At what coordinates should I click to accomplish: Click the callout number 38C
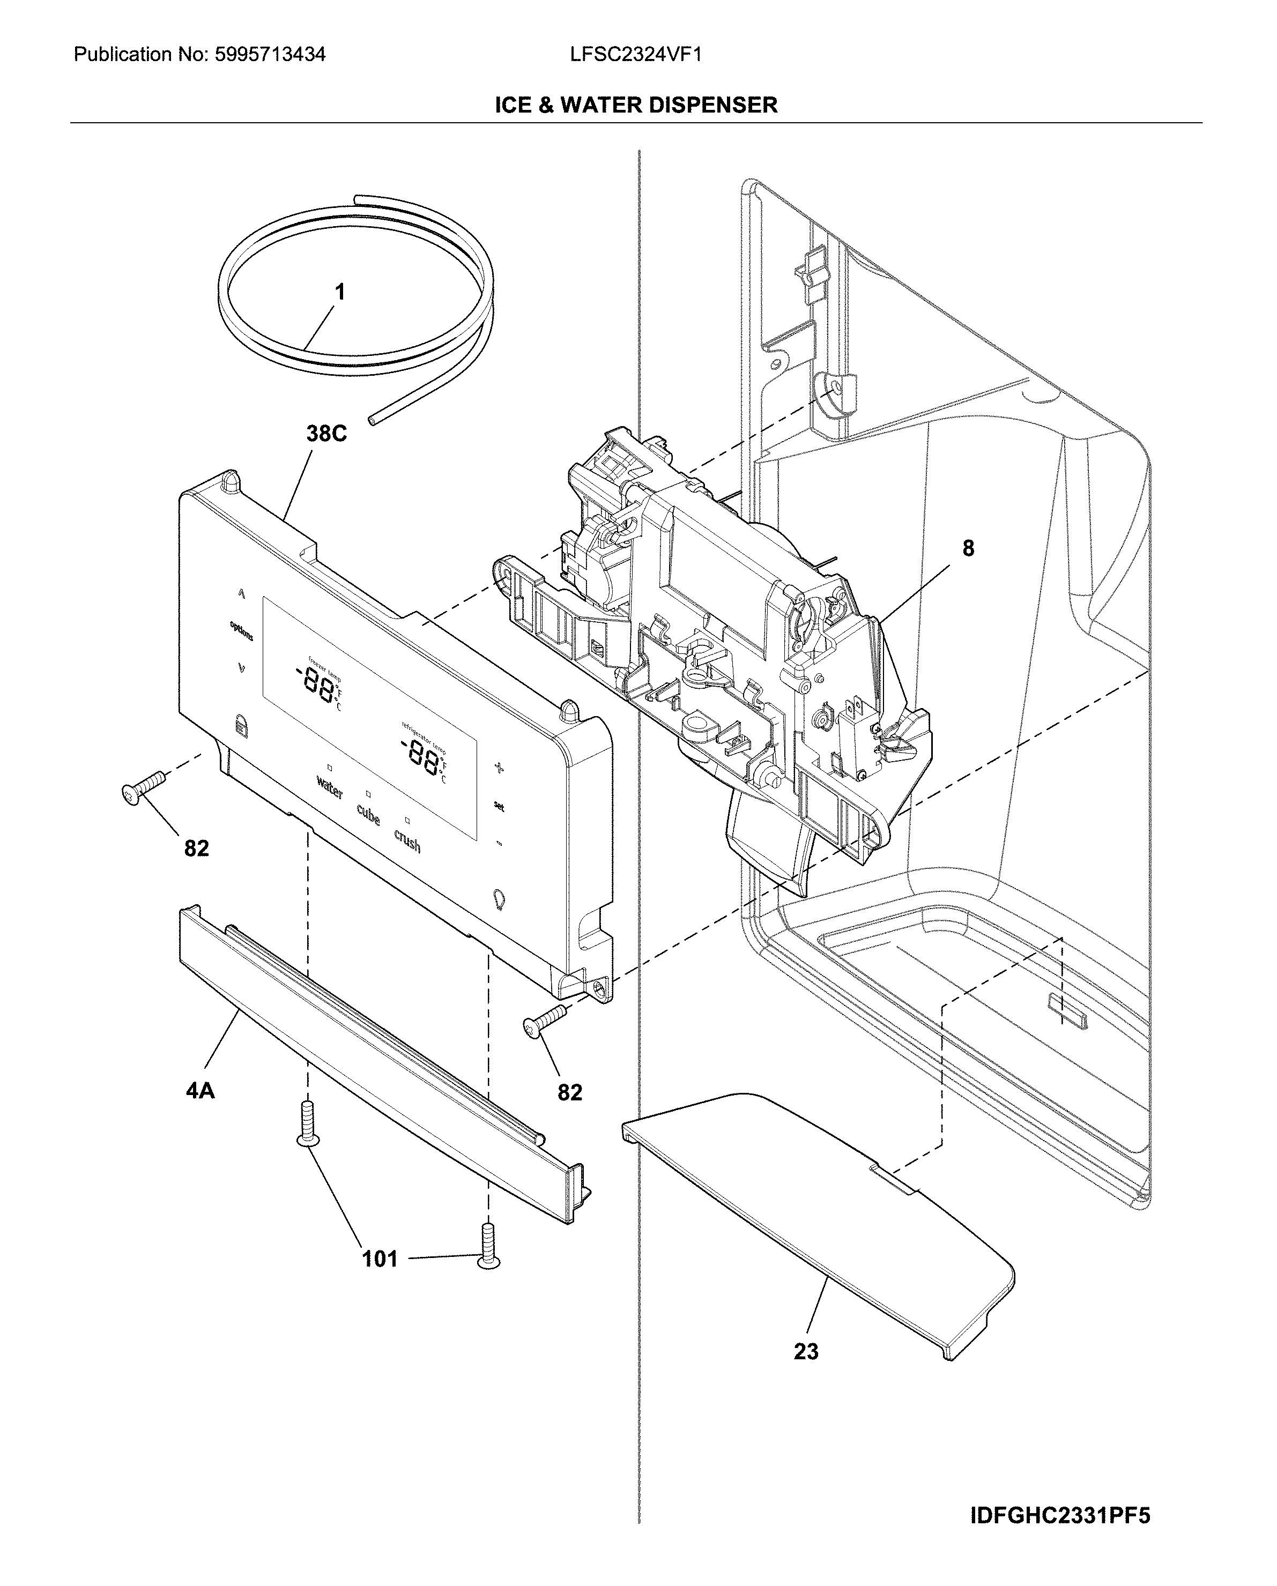326,434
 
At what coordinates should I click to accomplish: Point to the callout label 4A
200,1090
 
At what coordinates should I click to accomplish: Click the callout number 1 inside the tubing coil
340,293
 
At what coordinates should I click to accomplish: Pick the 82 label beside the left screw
196,849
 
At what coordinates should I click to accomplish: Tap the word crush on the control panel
407,841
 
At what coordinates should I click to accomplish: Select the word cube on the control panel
368,814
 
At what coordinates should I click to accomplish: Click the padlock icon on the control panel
241,725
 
